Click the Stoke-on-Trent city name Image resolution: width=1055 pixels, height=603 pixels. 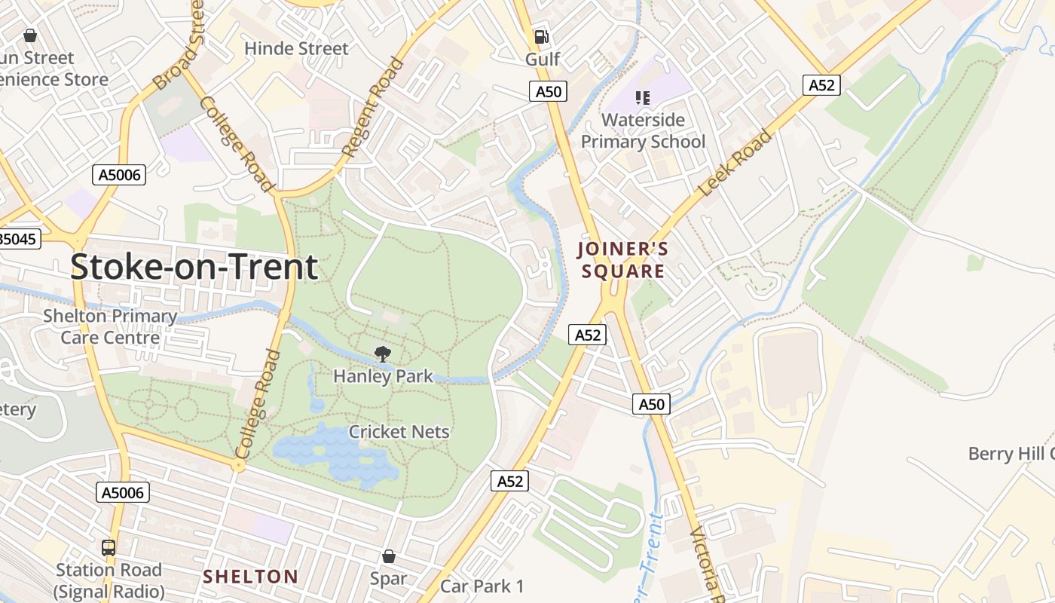click(194, 268)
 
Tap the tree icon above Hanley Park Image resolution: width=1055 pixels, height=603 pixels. click(383, 354)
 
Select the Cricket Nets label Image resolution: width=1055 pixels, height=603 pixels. click(399, 432)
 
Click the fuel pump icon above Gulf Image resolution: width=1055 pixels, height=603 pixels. click(541, 36)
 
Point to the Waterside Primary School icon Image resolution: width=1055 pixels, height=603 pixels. click(642, 97)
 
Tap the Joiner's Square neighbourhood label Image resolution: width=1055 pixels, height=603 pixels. click(622, 260)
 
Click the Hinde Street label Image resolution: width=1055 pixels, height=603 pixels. click(296, 48)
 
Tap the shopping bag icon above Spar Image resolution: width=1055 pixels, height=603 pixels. click(388, 556)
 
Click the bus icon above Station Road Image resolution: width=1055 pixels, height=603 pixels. click(109, 548)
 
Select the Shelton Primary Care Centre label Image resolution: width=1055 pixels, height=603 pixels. click(110, 326)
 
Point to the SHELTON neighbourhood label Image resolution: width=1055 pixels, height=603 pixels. click(250, 577)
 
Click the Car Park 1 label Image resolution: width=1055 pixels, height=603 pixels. click(482, 586)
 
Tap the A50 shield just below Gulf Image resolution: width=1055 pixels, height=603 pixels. click(548, 91)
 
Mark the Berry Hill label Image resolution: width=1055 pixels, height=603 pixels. click(1010, 453)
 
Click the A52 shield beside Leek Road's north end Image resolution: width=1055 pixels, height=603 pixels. click(821, 85)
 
